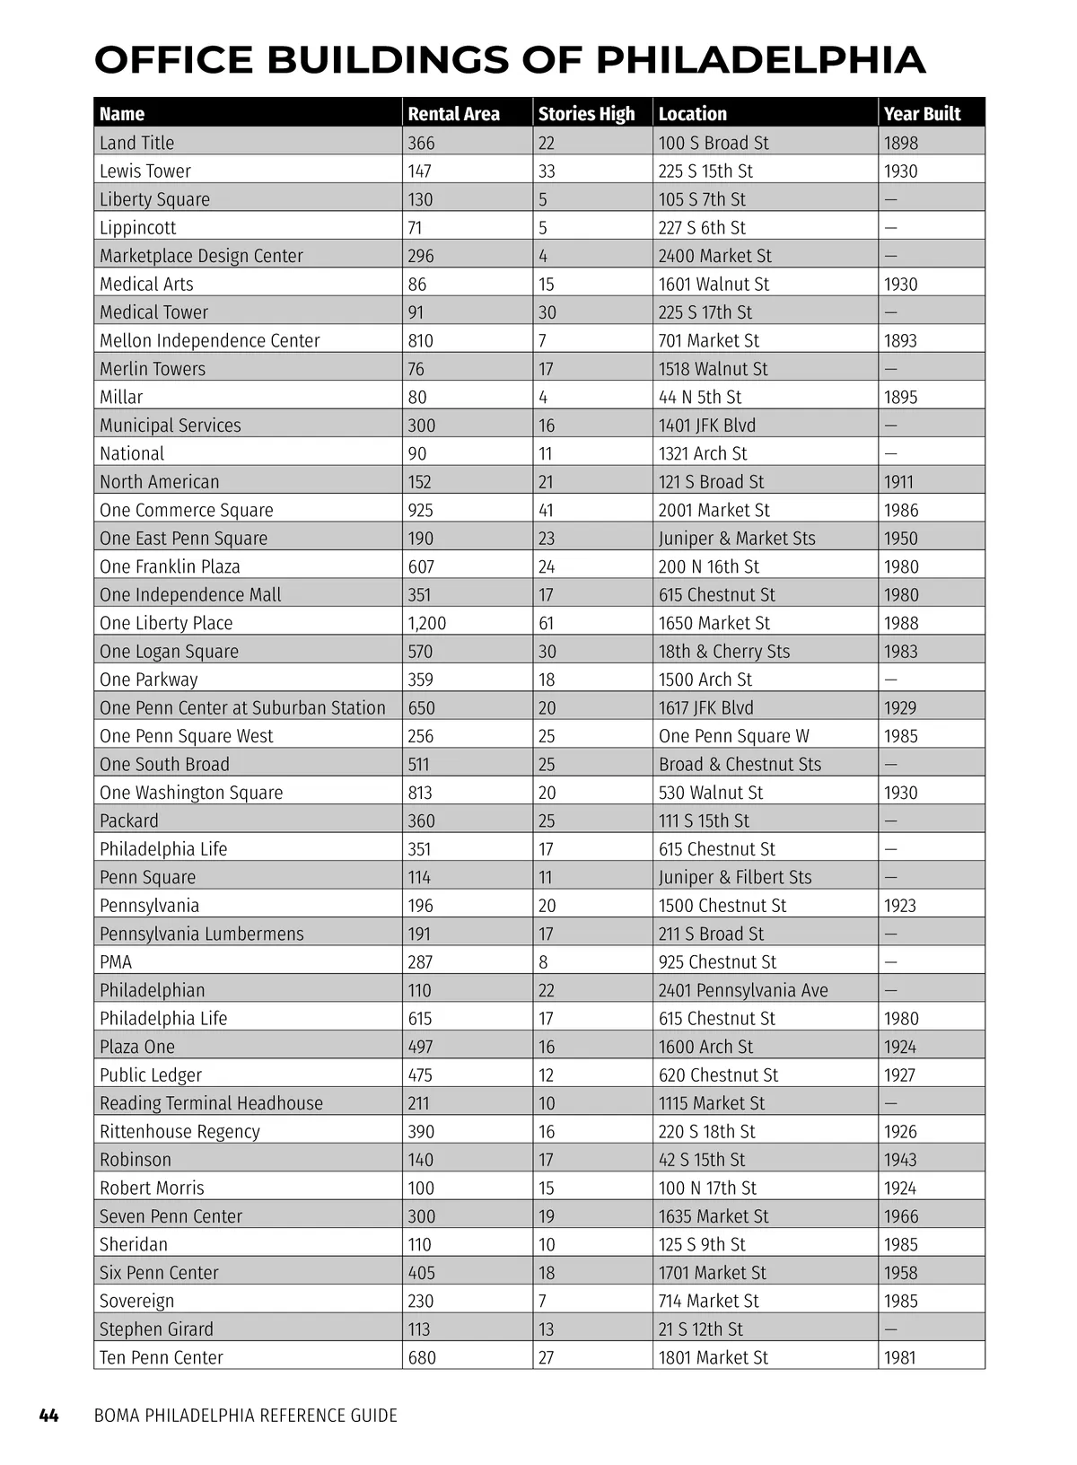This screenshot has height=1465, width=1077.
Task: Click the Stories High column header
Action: coord(586,114)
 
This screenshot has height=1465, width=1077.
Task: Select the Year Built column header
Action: coord(922,114)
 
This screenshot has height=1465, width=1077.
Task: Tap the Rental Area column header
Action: coord(453,114)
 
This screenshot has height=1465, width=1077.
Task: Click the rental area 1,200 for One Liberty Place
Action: coord(427,623)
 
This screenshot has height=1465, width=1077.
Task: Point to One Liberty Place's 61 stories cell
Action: coord(547,623)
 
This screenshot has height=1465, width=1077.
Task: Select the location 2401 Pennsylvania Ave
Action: coord(743,990)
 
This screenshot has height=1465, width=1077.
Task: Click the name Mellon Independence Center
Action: coord(210,340)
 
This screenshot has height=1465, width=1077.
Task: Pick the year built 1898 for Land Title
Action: coord(901,143)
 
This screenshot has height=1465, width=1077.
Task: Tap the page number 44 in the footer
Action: coord(49,1416)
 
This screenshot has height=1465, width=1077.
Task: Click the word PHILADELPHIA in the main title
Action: coord(760,60)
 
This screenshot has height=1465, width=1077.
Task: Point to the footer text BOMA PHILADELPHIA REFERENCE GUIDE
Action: coord(246,1416)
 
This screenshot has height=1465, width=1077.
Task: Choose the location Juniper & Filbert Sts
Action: coord(735,877)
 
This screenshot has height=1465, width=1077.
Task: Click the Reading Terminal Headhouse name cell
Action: coord(211,1103)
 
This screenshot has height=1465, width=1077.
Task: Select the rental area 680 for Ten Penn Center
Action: coord(422,1357)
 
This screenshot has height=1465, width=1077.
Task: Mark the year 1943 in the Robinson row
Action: coord(900,1160)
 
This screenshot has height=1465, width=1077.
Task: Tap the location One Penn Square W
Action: coord(734,736)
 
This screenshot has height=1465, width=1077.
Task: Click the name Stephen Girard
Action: coord(156,1329)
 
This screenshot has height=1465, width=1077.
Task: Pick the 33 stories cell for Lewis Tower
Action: coord(547,171)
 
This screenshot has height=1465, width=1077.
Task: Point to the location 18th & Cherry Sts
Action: coord(724,652)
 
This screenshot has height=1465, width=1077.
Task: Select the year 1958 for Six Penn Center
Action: coord(900,1273)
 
